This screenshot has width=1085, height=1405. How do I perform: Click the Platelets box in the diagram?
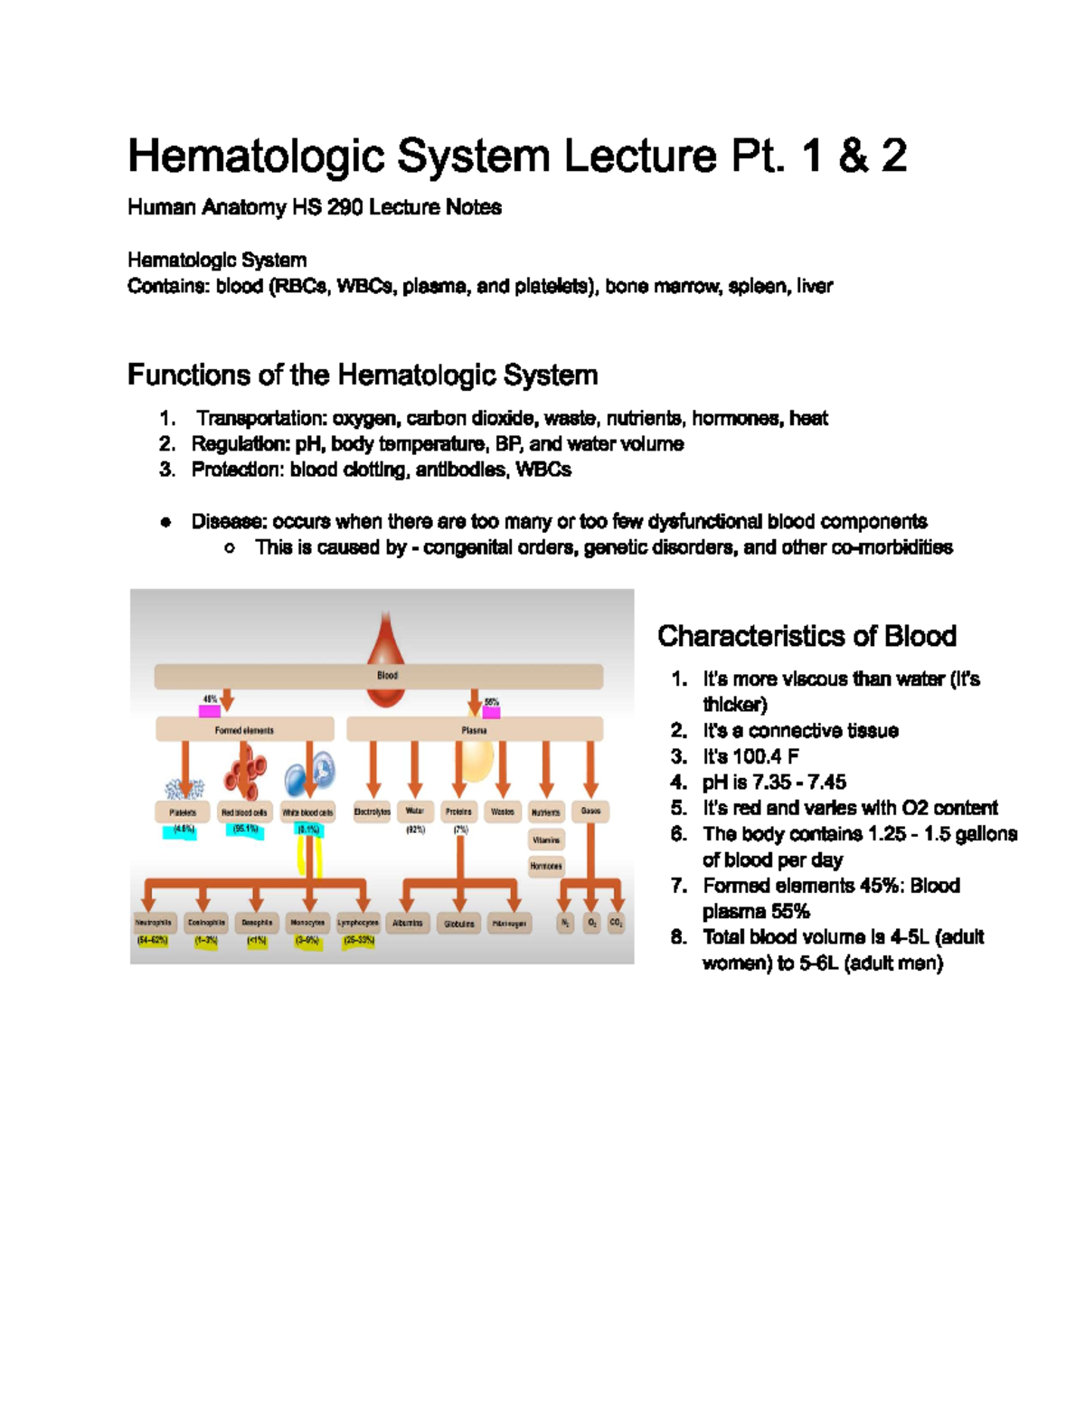coord(183,812)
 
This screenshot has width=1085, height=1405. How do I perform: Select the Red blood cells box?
coord(244,812)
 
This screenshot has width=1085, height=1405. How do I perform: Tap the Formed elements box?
coord(244,729)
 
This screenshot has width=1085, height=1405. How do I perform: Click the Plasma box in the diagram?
coord(475,729)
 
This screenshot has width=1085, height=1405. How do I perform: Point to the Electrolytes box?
coord(372,812)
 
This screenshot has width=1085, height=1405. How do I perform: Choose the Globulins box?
coord(459,924)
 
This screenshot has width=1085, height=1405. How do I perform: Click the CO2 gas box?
coord(616,923)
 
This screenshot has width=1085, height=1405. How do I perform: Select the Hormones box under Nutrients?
coord(546,866)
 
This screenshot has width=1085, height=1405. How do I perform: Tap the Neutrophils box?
coord(153,923)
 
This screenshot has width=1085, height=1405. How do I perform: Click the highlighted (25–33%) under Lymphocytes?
coord(358,941)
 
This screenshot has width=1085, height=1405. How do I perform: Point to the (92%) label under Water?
coord(415,830)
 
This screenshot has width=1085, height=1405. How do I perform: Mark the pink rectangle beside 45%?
coord(210,711)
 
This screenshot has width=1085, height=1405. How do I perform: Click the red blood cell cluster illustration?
coord(245,772)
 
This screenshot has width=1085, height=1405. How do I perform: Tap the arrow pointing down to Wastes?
coord(503,770)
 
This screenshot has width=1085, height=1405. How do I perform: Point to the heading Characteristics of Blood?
coord(807,636)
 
